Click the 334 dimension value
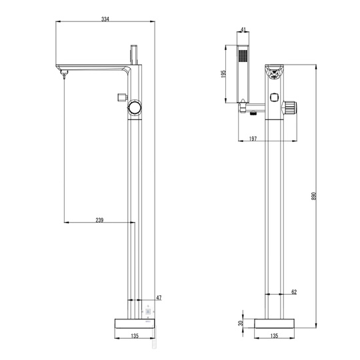coord(105,19)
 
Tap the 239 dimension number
coord(99,220)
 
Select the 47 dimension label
coord(159,298)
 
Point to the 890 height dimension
coord(314,196)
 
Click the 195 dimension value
coord(223,74)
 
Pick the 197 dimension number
coord(253,139)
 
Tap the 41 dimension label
coord(243,29)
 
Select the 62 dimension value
coord(294,292)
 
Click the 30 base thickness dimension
coord(241,323)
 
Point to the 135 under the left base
coord(135,335)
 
